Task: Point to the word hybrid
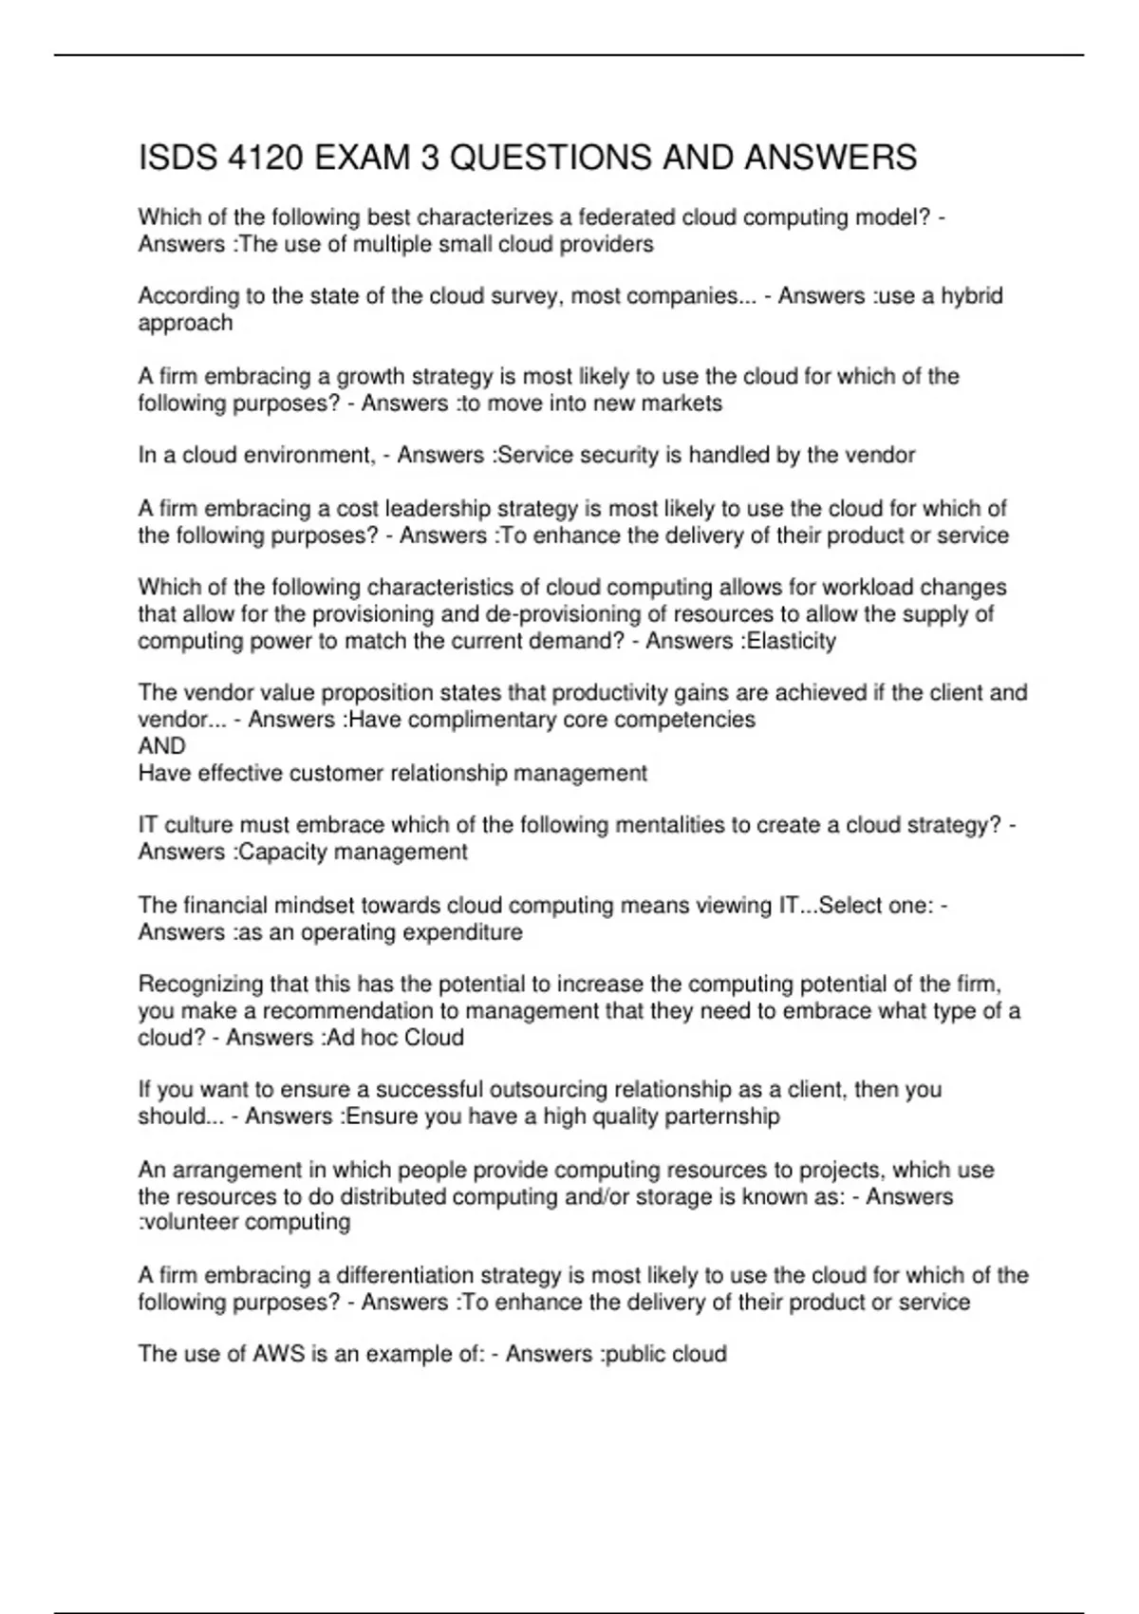[972, 296]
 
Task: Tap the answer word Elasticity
[792, 641]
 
